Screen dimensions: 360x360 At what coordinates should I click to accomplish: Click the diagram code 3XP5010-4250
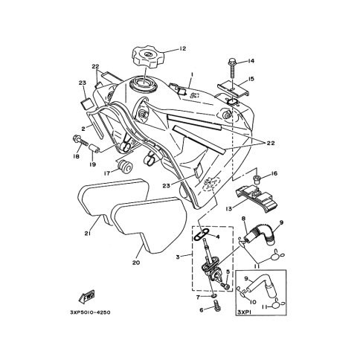[x=90, y=312]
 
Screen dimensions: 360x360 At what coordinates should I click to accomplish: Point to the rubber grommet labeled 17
[x=125, y=167]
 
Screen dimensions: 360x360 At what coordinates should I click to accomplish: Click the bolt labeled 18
[x=80, y=141]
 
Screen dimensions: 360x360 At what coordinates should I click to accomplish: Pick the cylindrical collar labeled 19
[x=94, y=148]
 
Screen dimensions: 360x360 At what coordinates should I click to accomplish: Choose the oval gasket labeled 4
[x=202, y=234]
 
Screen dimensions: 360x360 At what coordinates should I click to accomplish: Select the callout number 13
[x=229, y=209]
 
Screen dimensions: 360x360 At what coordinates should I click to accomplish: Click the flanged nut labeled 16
[x=256, y=179]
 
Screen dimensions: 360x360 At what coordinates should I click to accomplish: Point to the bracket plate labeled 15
[x=234, y=89]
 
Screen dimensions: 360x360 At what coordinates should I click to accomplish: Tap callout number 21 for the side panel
[x=87, y=234]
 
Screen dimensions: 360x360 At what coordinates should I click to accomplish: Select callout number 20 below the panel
[x=136, y=263]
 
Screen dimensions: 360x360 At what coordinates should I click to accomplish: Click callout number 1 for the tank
[x=192, y=74]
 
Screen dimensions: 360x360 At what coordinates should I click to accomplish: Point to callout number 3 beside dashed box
[x=178, y=257]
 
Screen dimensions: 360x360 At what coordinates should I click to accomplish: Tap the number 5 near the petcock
[x=228, y=271]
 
